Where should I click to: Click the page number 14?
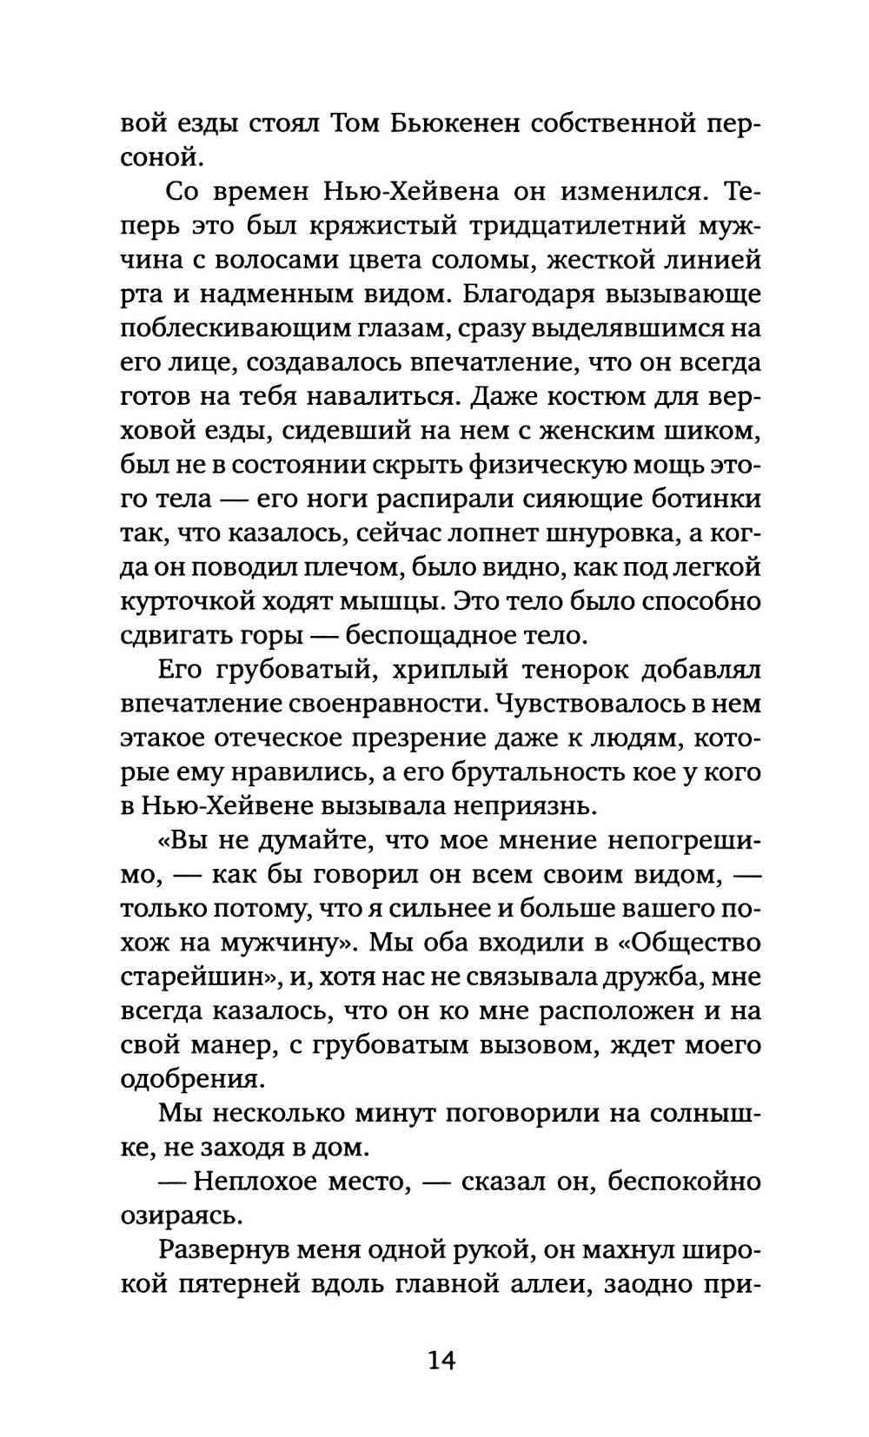[x=441, y=1359]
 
